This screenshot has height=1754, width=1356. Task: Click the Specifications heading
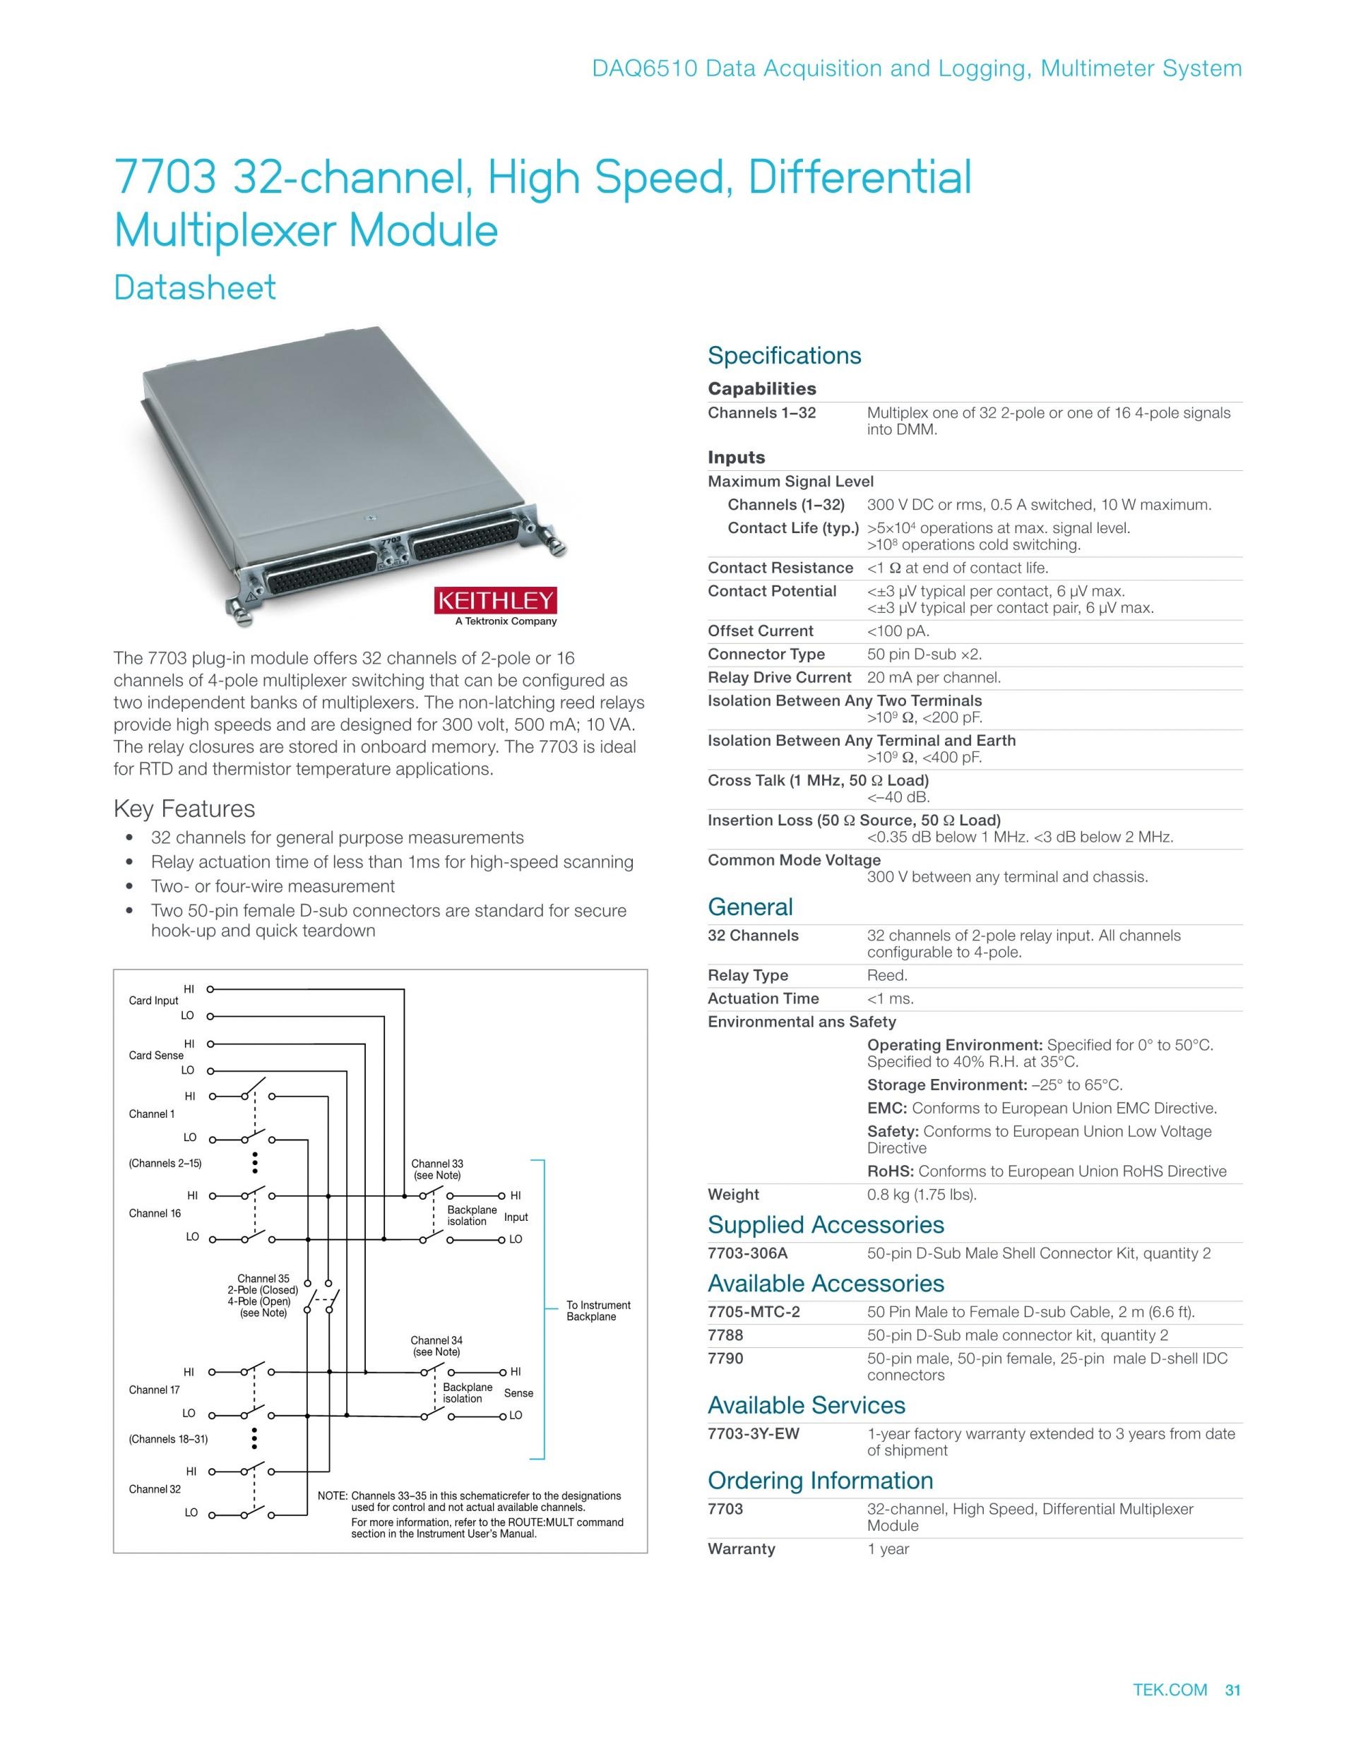[784, 356]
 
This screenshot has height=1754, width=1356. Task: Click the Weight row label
[733, 1194]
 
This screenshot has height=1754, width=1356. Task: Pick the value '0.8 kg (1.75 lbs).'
[922, 1194]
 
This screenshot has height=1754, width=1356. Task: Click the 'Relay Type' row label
[748, 975]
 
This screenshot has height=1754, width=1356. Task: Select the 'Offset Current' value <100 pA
[898, 631]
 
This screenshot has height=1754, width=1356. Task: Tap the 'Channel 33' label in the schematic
[437, 1164]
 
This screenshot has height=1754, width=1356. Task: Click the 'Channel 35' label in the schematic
[263, 1279]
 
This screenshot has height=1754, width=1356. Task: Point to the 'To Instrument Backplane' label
[597, 1311]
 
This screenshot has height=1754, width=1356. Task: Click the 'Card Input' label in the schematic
[153, 1001]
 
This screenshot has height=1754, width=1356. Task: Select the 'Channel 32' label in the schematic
[155, 1489]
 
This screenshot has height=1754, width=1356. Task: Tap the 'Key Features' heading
[184, 809]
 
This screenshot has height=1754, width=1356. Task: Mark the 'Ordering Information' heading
[820, 1480]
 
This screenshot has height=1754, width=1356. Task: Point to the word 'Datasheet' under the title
[195, 287]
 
